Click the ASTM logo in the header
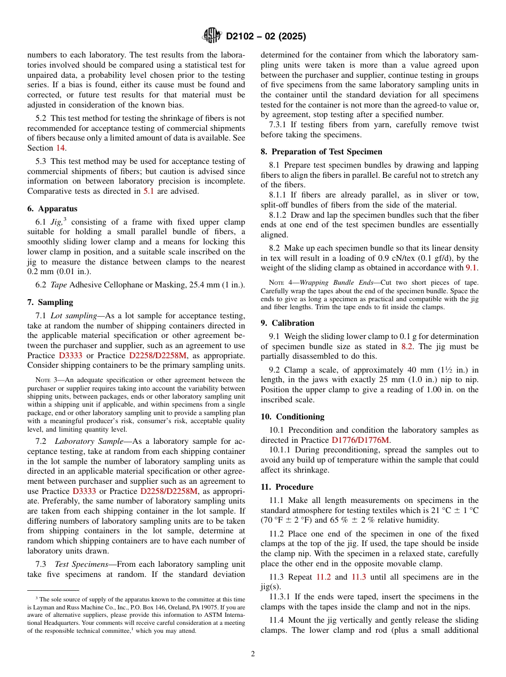213,36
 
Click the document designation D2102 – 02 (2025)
266,37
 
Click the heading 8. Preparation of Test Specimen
321,151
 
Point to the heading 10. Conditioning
292,416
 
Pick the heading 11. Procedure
287,486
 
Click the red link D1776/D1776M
361,440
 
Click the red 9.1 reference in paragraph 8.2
471,267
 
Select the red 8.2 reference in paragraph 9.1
407,346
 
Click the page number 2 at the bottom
253,654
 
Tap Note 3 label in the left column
42,380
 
